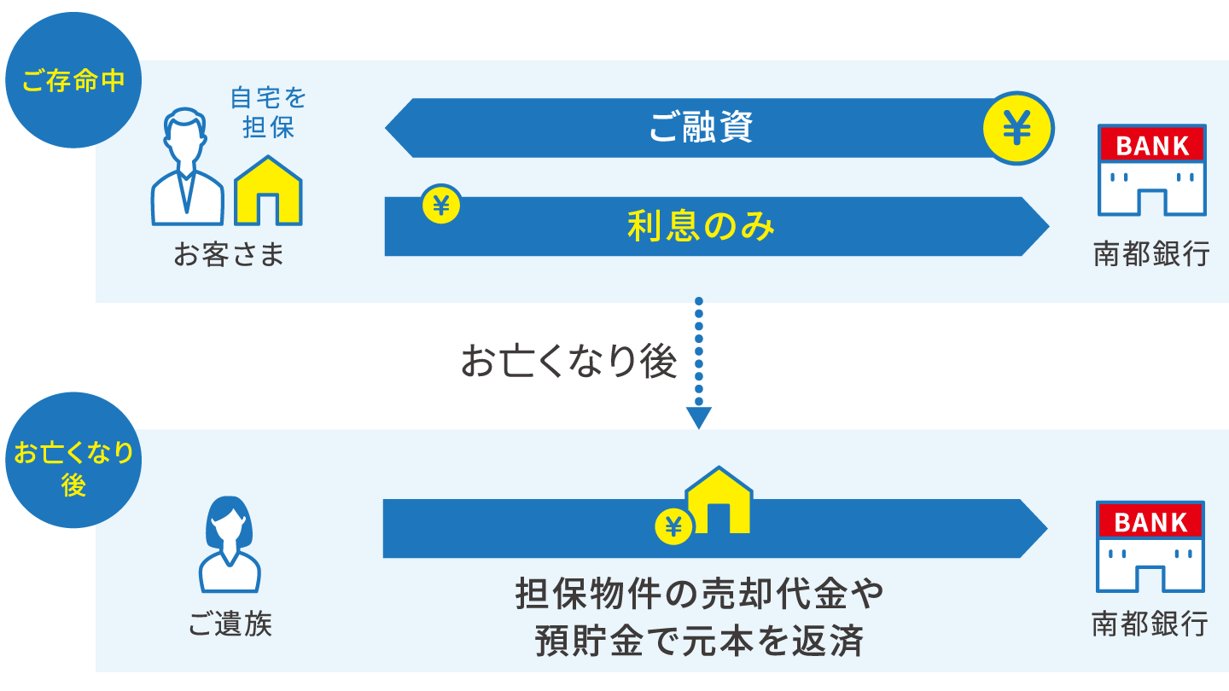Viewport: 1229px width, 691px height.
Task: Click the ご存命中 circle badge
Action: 73,81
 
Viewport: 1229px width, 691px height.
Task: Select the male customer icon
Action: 187,168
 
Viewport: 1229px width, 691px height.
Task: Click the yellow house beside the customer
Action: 268,191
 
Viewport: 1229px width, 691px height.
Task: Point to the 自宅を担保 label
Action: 268,113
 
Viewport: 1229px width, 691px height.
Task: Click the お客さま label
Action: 228,254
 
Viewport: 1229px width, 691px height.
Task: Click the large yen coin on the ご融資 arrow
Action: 1017,129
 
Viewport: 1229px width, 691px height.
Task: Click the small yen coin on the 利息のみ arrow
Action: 441,205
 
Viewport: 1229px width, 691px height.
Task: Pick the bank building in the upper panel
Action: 1152,170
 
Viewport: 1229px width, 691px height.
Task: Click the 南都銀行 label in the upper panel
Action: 1151,254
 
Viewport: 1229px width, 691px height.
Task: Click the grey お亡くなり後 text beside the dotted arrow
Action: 568,362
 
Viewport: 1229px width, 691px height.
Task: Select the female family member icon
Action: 229,544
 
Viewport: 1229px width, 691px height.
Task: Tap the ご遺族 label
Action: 230,624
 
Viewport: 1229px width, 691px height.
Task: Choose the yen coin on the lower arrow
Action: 673,527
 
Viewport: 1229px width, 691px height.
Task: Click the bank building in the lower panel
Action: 1150,547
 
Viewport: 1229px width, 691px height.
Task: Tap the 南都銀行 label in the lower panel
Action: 1150,624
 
